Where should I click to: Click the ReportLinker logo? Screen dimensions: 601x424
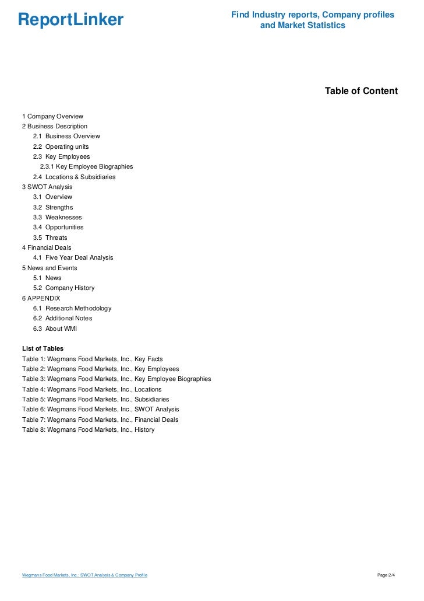70,20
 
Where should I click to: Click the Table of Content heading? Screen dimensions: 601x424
361,91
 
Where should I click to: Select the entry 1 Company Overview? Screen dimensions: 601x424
52,116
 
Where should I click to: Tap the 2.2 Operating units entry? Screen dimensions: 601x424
61,146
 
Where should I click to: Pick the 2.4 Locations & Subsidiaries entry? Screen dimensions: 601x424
74,177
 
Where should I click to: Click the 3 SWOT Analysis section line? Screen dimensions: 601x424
47,187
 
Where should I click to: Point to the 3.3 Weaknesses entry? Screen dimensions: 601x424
57,217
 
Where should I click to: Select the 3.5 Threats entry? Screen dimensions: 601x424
50,237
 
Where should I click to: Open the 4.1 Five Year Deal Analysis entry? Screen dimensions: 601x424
73,257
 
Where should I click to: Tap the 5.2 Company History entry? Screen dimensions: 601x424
63,288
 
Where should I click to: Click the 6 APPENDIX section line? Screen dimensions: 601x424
41,298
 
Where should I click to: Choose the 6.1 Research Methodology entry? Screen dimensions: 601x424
72,308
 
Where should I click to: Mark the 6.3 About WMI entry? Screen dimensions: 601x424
55,329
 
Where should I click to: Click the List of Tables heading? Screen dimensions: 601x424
43,348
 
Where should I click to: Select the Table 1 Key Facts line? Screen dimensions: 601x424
92,359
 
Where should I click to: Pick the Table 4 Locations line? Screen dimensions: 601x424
91,389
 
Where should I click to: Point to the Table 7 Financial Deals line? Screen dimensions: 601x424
100,420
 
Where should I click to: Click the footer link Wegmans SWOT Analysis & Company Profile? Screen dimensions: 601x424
84,575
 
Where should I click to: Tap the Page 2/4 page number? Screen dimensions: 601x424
386,575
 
